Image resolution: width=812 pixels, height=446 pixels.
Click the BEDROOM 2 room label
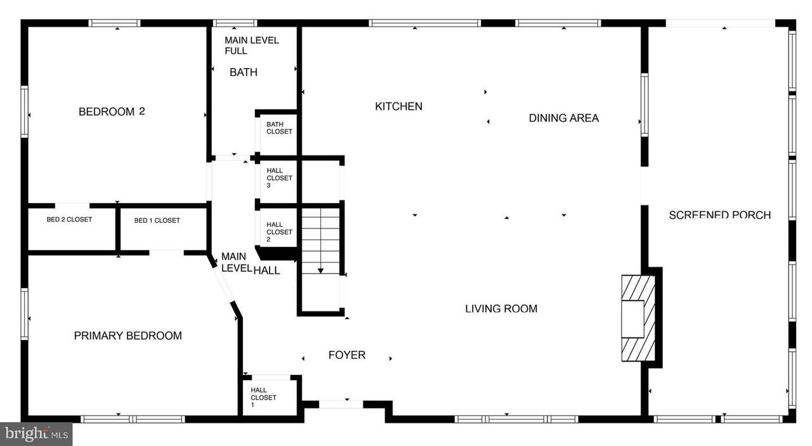(x=112, y=112)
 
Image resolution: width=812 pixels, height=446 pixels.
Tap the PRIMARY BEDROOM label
(x=128, y=336)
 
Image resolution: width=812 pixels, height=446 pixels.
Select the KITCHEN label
(x=398, y=107)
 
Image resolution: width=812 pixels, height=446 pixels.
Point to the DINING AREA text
(x=564, y=118)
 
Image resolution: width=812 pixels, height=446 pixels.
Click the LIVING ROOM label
(x=501, y=309)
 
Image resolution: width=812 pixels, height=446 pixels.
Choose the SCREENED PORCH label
(x=720, y=215)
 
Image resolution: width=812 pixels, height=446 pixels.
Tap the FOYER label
(x=347, y=355)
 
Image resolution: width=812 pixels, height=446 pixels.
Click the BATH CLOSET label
(x=279, y=128)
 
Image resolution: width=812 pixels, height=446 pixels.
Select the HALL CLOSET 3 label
(x=279, y=178)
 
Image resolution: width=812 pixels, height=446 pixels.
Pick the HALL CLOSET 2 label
(x=279, y=232)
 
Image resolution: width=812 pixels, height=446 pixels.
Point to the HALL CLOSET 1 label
(x=263, y=397)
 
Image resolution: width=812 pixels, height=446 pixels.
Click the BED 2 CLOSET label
(x=69, y=220)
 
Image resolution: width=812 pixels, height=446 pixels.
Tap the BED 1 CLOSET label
(x=157, y=220)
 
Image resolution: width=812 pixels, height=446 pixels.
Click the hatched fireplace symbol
(x=638, y=318)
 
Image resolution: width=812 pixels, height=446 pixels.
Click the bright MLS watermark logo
(x=36, y=434)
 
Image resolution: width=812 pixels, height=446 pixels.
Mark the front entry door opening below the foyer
(x=341, y=404)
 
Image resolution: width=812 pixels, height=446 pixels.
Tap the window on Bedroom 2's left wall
(x=24, y=112)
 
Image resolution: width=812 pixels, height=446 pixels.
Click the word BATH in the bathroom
(x=244, y=72)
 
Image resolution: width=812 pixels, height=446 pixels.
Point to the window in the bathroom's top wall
(x=235, y=23)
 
